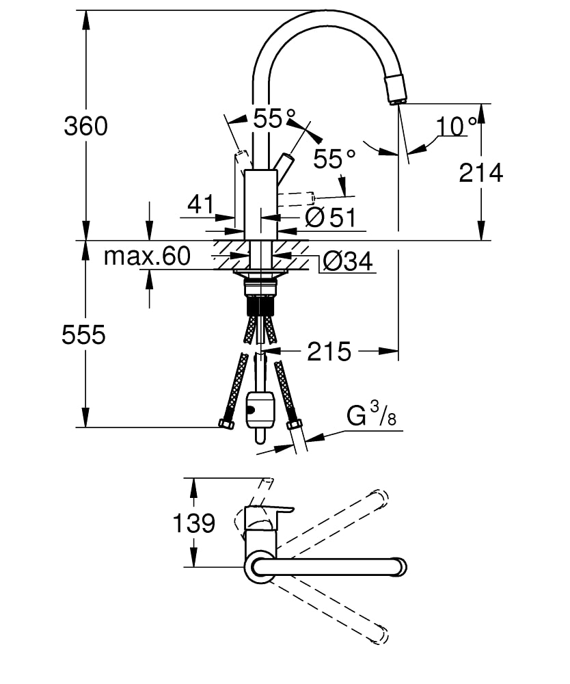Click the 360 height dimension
(x=85, y=126)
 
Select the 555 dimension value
(x=83, y=335)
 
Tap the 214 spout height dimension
(x=480, y=173)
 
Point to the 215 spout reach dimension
(x=329, y=352)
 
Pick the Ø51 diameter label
(x=331, y=218)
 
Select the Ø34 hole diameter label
(x=347, y=261)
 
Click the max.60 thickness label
(x=146, y=256)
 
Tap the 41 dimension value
(x=200, y=204)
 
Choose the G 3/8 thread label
(x=371, y=415)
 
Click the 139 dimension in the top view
(x=193, y=523)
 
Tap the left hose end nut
(x=226, y=424)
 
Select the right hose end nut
(x=295, y=424)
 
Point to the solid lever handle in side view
(x=284, y=166)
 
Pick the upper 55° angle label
(x=274, y=119)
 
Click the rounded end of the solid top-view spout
(x=398, y=567)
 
